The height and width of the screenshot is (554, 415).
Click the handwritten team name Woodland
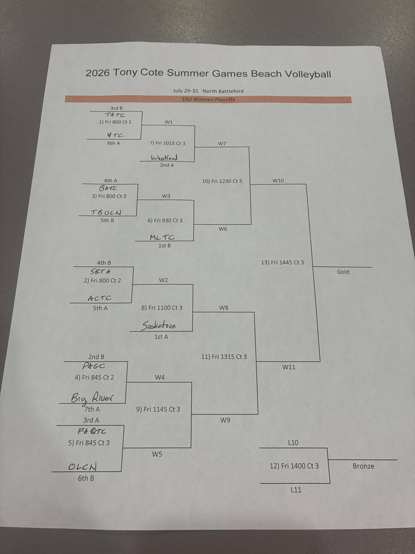click(164, 158)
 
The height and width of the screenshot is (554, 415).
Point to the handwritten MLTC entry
click(162, 237)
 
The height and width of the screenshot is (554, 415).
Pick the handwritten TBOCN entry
click(106, 212)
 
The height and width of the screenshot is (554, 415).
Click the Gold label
click(343, 272)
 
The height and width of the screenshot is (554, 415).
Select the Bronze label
click(363, 466)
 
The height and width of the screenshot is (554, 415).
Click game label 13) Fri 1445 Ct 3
click(282, 262)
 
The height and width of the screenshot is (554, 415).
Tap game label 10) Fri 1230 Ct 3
click(222, 181)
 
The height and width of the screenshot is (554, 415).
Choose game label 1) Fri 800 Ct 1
click(115, 122)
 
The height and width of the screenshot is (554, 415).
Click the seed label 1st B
click(164, 245)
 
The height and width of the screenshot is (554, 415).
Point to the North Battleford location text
click(223, 91)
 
